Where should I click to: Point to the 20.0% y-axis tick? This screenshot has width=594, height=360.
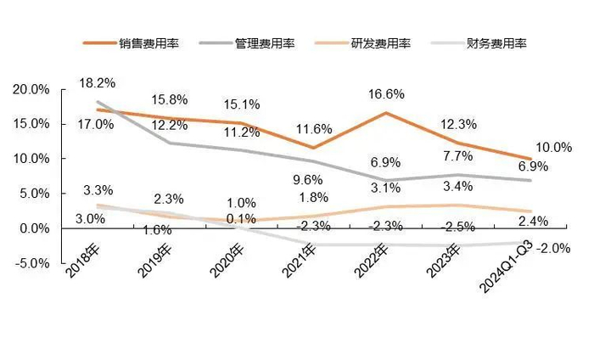31,89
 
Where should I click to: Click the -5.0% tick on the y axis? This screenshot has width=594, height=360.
32,263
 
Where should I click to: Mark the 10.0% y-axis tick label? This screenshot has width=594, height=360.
31,159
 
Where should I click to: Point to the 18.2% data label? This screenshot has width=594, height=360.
96,84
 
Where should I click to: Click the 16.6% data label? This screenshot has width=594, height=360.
386,94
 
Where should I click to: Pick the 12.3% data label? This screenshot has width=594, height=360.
460,124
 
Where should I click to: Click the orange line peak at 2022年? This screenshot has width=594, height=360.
386,113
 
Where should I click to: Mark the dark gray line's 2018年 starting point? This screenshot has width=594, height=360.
98,102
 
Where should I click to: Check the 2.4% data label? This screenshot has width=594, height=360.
532,222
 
